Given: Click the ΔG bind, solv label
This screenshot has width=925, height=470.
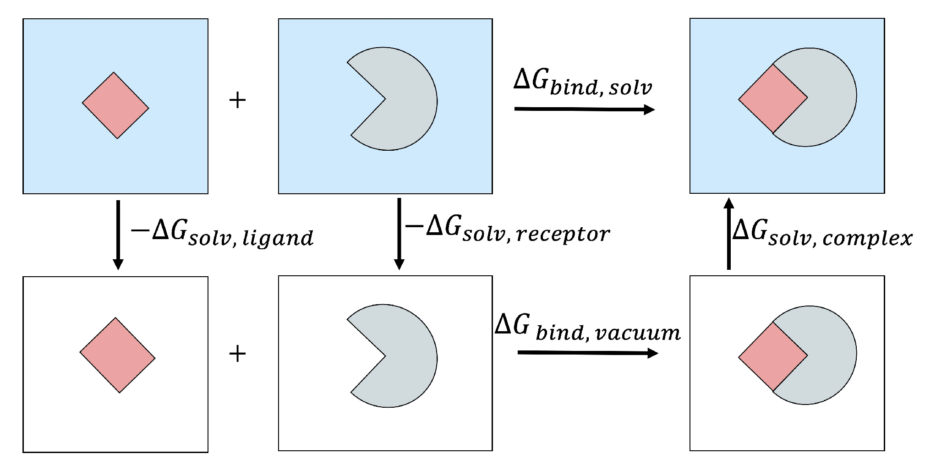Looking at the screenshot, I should click(x=582, y=82).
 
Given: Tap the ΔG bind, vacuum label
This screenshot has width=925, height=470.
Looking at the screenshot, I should click(x=587, y=328).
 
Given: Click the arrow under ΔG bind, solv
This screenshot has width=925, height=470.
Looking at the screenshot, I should click(x=584, y=109).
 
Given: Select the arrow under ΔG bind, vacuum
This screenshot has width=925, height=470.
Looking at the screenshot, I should click(x=587, y=353).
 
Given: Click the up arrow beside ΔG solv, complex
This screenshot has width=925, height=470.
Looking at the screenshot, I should click(x=729, y=234).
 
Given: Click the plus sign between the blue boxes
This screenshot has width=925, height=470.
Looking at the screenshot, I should click(x=237, y=100).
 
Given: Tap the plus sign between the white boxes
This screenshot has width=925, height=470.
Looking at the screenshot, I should click(x=237, y=354).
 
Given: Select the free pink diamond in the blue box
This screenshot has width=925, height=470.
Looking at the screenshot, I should click(x=115, y=105).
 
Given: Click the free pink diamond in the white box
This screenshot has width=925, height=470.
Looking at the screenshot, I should click(x=117, y=355).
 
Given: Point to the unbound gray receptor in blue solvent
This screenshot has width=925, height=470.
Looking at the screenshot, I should click(x=403, y=98).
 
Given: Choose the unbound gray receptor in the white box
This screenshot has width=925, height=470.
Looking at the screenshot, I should click(x=403, y=356).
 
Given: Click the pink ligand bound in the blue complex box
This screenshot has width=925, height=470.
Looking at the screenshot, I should click(x=773, y=98).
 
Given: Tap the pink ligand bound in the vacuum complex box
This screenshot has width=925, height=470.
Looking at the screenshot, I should click(x=773, y=356).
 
